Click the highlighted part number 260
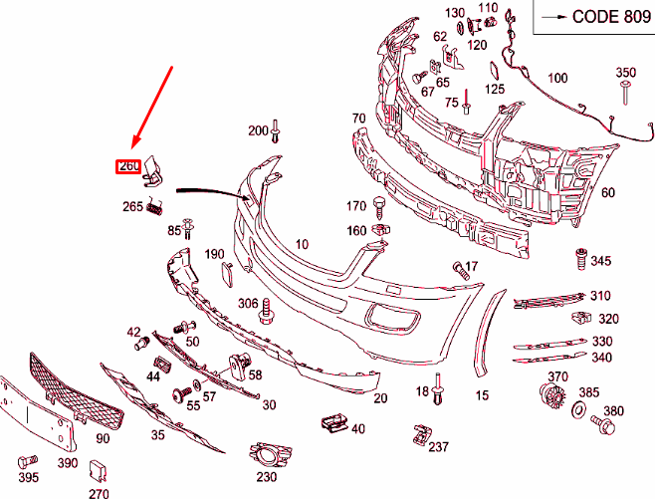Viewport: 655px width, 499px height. pyautogui.click(x=128, y=166)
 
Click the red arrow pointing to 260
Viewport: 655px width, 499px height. pyautogui.click(x=151, y=107)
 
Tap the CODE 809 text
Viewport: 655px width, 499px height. pyautogui.click(x=611, y=17)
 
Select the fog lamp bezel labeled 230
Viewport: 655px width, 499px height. pyautogui.click(x=270, y=454)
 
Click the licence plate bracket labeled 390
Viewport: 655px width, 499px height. pyautogui.click(x=38, y=413)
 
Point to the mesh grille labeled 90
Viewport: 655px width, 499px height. pyautogui.click(x=76, y=391)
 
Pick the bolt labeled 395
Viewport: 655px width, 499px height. pyautogui.click(x=28, y=461)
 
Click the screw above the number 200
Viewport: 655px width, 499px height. pyautogui.click(x=276, y=130)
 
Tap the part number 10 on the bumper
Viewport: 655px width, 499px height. pyautogui.click(x=302, y=244)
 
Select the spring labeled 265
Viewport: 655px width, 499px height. pyautogui.click(x=155, y=206)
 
